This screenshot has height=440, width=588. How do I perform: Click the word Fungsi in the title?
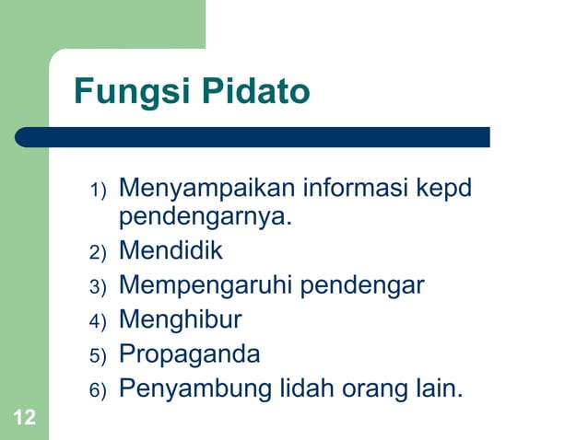[x=125, y=93]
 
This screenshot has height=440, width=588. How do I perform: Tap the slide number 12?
[x=25, y=419]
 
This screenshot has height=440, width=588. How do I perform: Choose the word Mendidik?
[x=171, y=250]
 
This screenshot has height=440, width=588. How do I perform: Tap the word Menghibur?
[x=181, y=319]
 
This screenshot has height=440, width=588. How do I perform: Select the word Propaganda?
[x=190, y=354]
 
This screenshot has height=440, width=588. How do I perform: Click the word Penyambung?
[x=197, y=388]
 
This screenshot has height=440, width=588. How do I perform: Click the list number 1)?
[x=99, y=191]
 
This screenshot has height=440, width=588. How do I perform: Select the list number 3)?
[x=99, y=286]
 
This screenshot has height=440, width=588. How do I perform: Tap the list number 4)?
[x=99, y=321]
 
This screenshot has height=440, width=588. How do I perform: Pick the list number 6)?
[x=99, y=390]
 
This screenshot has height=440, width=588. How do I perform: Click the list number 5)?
[x=99, y=355]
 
